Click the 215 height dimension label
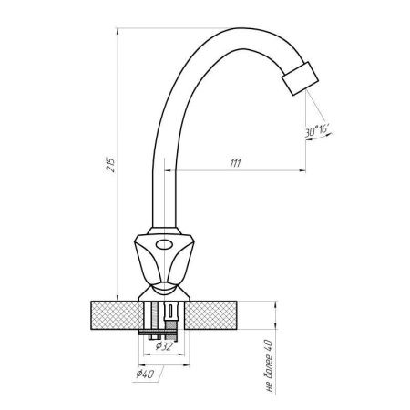pos(112,165)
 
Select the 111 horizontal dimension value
pos(235,163)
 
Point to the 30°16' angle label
pos(317,131)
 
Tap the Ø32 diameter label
pos(164,345)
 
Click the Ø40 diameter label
pos(145,374)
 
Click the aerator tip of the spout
pos(300,78)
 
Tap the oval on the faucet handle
pos(164,244)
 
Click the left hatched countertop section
pos(117,315)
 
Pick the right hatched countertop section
pos(211,315)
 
